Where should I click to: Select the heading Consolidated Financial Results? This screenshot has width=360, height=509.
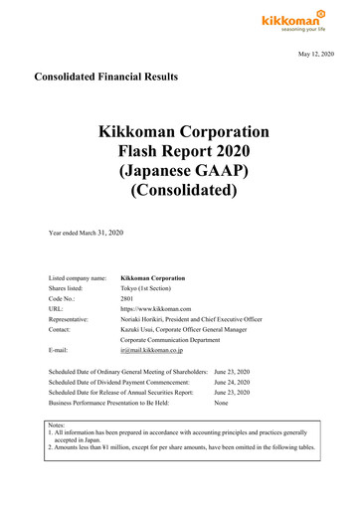click(105, 77)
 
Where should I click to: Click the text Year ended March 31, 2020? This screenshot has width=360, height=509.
click(98, 232)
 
